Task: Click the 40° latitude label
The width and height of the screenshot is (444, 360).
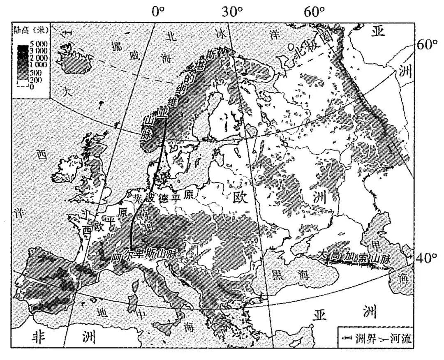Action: click(x=428, y=258)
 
